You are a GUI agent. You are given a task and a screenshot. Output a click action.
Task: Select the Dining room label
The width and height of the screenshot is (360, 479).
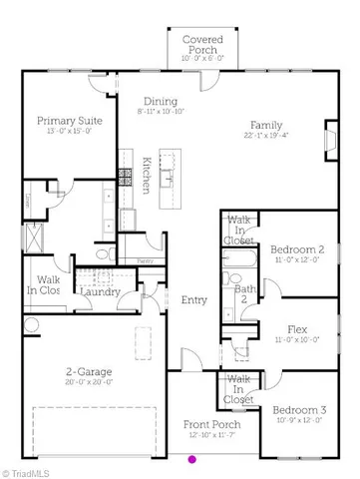point(160,102)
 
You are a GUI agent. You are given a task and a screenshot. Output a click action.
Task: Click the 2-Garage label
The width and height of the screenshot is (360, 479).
point(89,372)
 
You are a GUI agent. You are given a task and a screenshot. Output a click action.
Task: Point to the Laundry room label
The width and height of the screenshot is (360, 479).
point(100,291)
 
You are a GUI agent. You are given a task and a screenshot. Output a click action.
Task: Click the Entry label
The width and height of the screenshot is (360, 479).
point(193,300)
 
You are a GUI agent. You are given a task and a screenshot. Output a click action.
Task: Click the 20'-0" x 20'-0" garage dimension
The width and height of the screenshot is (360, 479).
point(89,383)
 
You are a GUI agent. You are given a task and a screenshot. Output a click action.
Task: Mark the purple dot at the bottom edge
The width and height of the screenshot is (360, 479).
point(192,460)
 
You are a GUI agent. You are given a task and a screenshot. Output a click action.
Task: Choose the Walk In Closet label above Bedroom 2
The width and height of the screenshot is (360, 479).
point(239,229)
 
